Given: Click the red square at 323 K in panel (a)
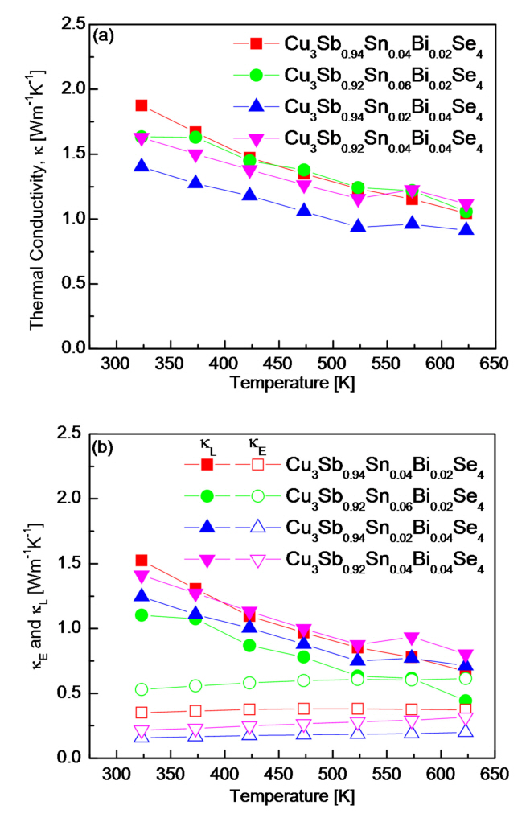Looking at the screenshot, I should pyautogui.click(x=142, y=105).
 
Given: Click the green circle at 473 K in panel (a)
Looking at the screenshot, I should pyautogui.click(x=304, y=171).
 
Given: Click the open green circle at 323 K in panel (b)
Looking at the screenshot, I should pyautogui.click(x=142, y=689).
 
